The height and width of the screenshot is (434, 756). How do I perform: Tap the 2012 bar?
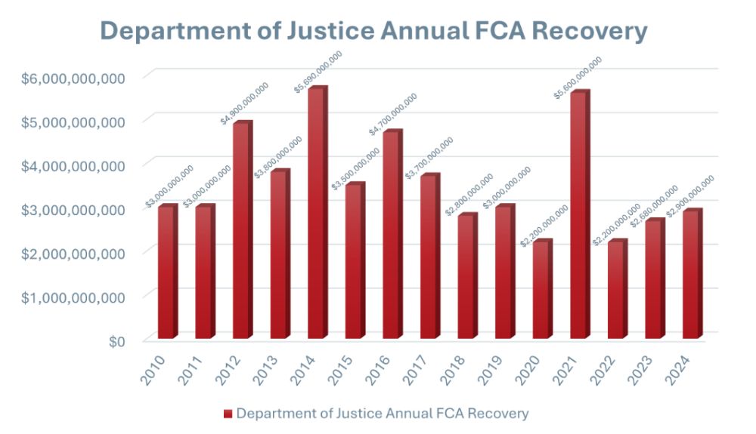click(242, 230)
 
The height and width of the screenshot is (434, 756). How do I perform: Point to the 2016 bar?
click(392, 235)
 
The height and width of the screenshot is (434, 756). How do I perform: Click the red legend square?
click(228, 414)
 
